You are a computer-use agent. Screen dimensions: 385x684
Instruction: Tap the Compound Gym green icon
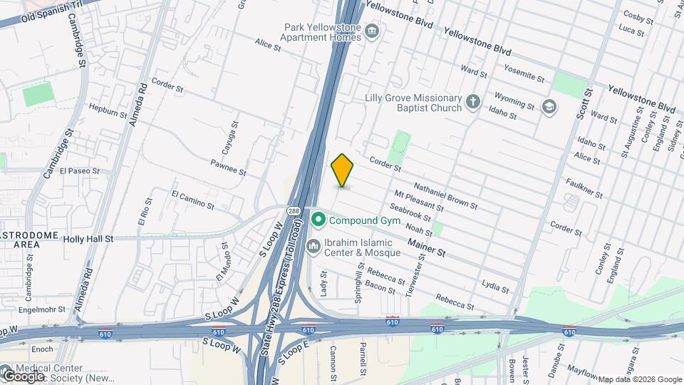pyautogui.click(x=318, y=220)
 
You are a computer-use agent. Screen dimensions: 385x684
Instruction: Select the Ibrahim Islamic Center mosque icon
pyautogui.click(x=313, y=247)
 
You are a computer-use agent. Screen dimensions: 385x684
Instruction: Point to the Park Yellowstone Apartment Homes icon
pyautogui.click(x=371, y=31)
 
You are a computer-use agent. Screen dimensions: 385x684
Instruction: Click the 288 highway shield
pyautogui.click(x=294, y=212)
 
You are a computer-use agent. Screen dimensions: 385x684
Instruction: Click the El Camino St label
pyautogui.click(x=193, y=200)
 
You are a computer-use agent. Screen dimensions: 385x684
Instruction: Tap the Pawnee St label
pyautogui.click(x=228, y=168)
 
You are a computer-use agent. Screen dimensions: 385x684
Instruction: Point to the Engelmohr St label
pyautogui.click(x=42, y=309)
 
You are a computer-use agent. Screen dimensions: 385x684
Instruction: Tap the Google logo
pyautogui.click(x=24, y=375)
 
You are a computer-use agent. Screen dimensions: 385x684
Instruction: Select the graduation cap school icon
pyautogui.click(x=549, y=107)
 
